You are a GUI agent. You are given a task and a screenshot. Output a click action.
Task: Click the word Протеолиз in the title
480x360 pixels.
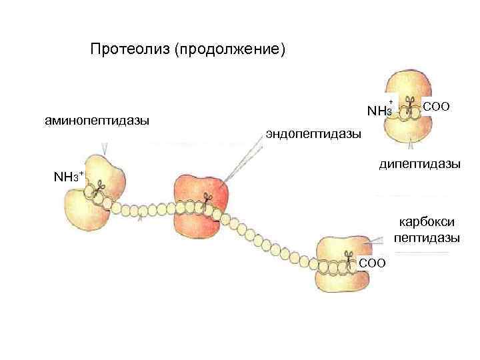129,50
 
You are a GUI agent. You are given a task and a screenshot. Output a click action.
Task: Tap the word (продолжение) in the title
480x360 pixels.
229,51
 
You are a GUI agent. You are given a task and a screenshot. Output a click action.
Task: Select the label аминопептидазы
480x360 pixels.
97,121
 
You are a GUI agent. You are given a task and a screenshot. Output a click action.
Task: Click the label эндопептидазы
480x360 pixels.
313,134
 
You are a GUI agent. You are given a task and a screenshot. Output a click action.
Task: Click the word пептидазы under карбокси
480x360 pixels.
426,237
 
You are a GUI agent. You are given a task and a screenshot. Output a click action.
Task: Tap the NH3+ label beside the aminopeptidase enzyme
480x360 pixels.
67,177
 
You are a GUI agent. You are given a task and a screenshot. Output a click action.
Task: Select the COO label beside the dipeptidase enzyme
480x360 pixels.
437,106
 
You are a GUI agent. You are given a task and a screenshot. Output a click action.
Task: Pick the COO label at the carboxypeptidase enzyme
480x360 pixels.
373,263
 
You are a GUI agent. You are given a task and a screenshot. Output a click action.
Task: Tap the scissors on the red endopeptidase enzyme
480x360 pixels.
207,199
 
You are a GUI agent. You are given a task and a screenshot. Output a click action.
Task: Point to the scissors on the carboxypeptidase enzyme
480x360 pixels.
348,257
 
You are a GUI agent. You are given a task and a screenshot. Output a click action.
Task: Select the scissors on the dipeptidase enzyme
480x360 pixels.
411,105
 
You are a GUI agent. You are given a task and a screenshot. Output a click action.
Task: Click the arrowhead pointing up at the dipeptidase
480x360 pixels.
411,141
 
